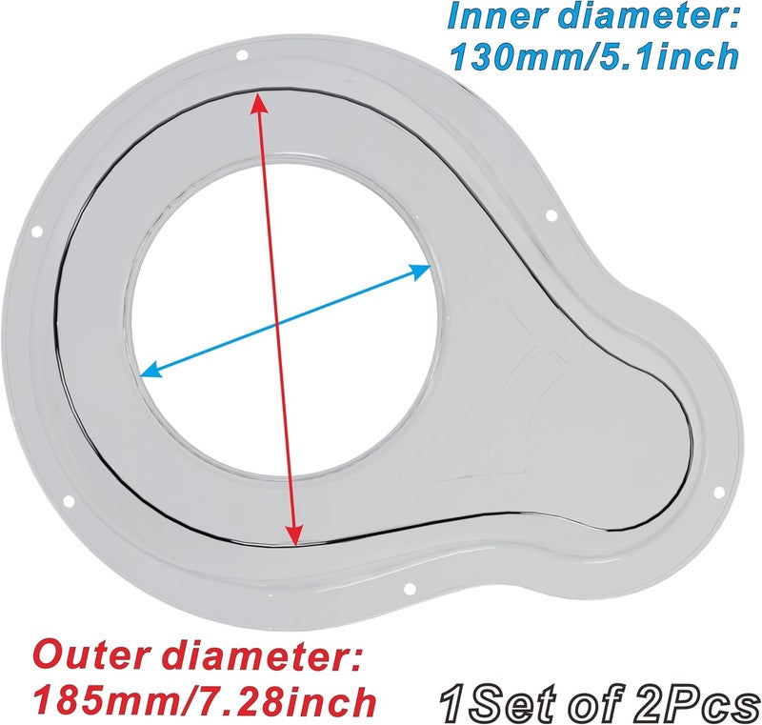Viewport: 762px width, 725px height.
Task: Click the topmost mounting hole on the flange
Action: point(242,55)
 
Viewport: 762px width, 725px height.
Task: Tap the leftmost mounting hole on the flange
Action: point(35,232)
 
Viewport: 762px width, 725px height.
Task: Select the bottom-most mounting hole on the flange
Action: point(410,589)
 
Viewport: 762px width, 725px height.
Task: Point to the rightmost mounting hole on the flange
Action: point(718,493)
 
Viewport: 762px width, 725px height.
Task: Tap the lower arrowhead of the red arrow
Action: point(293,534)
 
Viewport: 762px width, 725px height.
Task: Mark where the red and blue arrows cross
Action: point(277,323)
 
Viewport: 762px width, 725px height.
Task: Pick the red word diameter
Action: point(255,656)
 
